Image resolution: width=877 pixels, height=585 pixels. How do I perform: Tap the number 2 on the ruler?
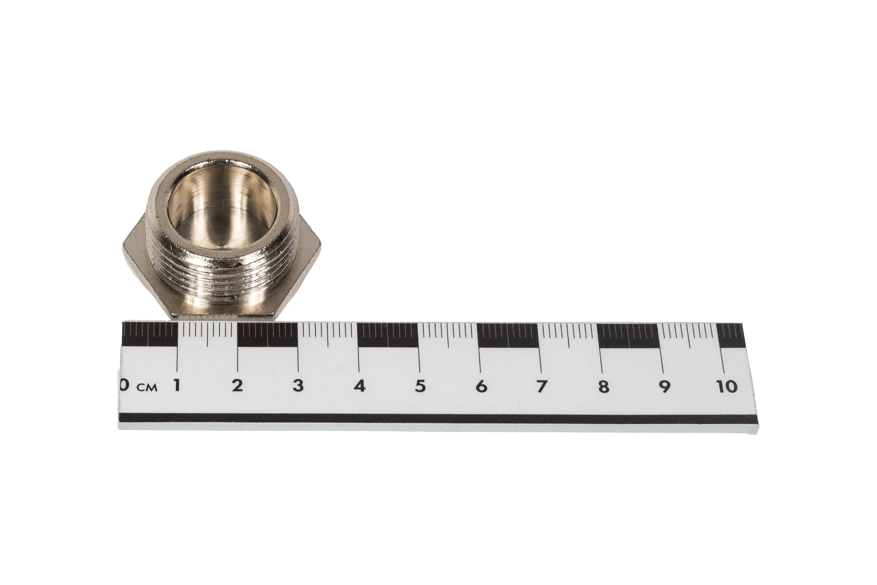tap(237, 385)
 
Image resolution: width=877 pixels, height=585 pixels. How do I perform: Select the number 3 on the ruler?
tap(297, 385)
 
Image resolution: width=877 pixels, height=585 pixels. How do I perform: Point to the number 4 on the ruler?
tap(359, 386)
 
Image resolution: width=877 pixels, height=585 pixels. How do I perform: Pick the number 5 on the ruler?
tap(420, 386)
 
